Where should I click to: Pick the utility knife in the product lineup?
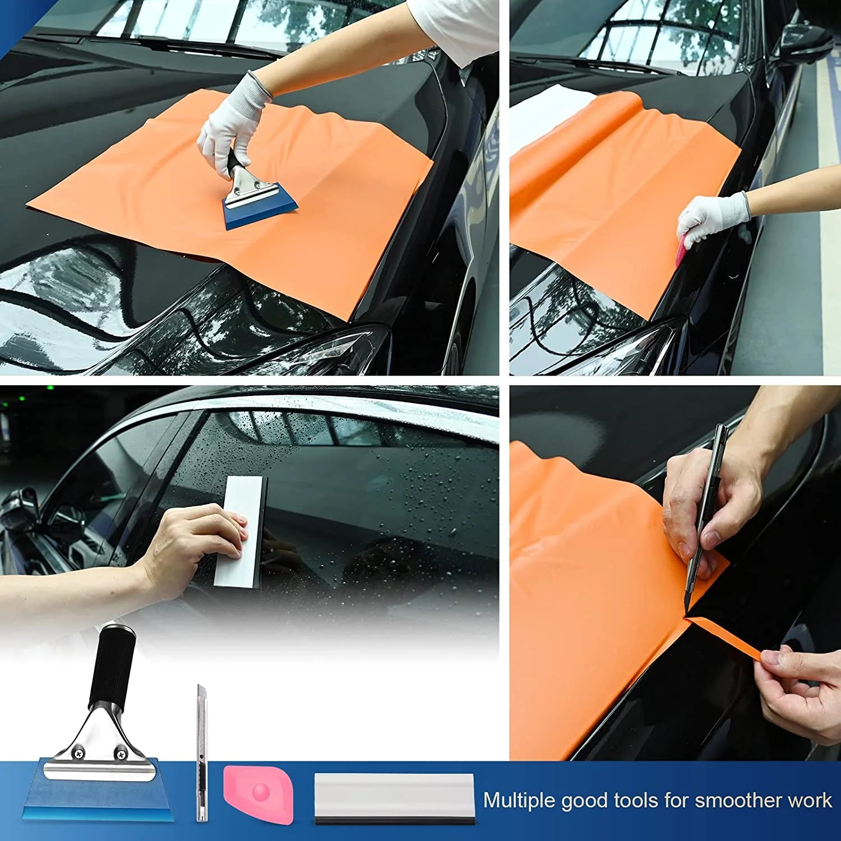pos(202,754)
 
